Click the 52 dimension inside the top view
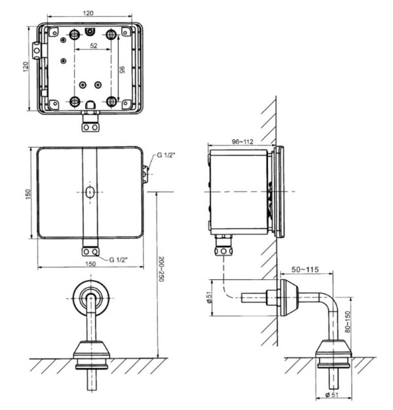(93, 46)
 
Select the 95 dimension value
(122, 70)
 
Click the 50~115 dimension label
(305, 269)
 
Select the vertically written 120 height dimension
(26, 68)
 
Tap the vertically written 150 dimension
(26, 195)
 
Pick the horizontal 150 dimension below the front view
(90, 264)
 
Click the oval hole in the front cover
(90, 192)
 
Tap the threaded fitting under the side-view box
(225, 247)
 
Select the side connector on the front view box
(145, 172)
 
